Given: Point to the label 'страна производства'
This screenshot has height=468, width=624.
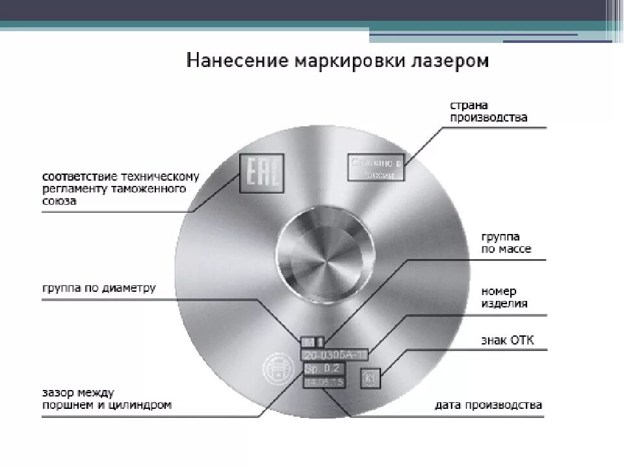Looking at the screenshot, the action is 489,112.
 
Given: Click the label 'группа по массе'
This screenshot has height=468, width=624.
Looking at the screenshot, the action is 506,244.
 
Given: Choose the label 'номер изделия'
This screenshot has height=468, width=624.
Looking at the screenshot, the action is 504,298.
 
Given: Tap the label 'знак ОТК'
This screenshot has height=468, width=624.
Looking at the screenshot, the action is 507,341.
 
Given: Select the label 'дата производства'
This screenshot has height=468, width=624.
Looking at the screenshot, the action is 488,405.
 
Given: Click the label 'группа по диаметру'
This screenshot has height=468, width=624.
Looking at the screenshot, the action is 99,288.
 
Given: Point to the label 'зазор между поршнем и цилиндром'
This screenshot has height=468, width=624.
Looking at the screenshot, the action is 107,398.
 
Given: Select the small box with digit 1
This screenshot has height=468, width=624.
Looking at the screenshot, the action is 319,341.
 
